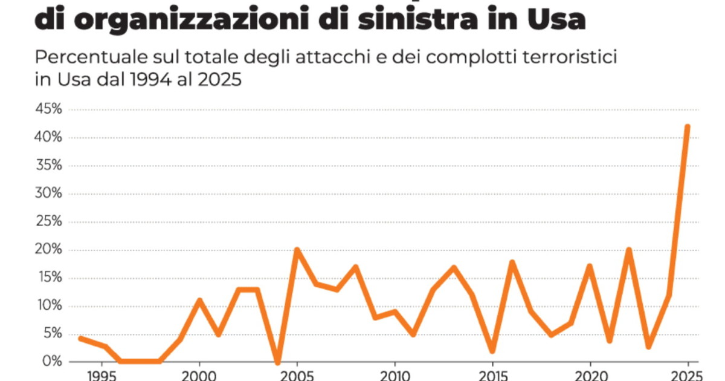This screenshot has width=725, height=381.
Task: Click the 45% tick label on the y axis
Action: coord(49,110)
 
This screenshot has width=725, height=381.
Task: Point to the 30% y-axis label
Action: coord(49,194)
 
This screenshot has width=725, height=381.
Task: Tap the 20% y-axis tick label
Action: coord(49,250)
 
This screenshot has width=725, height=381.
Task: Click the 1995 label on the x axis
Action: coord(101,375)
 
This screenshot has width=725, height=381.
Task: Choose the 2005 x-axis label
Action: coord(297,375)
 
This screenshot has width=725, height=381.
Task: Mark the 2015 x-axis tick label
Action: coord(492,375)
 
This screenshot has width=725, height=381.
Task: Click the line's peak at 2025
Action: coord(687,126)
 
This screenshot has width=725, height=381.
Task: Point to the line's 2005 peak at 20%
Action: coord(297,250)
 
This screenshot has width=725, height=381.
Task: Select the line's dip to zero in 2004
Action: coord(277,362)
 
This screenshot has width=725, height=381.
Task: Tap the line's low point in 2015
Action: coord(492,350)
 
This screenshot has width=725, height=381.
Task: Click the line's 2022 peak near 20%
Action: coord(629,250)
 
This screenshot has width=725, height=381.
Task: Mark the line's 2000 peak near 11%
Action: coord(199,300)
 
